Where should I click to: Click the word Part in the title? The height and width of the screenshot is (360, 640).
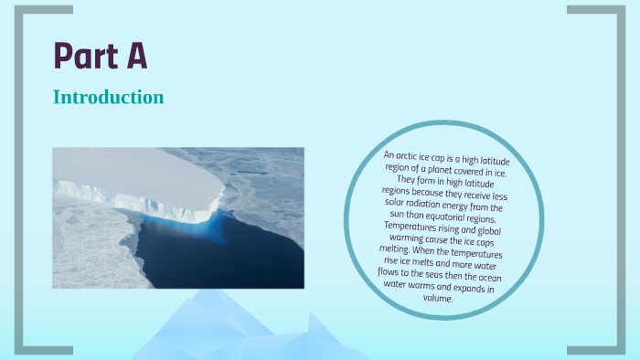coord(80,57)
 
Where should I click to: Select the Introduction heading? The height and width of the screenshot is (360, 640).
coord(108,97)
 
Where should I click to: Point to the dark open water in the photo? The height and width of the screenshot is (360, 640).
coord(229,260)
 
